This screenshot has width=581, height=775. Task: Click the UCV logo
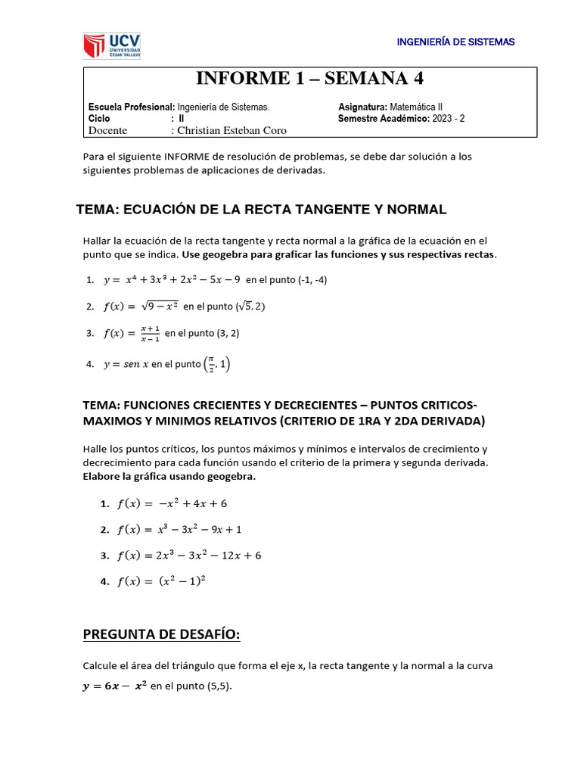coord(111,45)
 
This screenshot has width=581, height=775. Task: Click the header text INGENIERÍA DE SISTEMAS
coord(455,42)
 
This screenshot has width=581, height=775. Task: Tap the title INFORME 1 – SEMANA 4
coord(310,79)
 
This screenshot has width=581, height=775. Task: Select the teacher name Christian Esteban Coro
coord(231,130)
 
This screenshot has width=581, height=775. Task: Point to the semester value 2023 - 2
coord(457,119)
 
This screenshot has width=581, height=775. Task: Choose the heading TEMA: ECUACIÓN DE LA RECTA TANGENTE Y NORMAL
coord(262,209)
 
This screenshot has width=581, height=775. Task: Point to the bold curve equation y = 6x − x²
coord(116,686)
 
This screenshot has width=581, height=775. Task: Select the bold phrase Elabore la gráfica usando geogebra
coord(169,476)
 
